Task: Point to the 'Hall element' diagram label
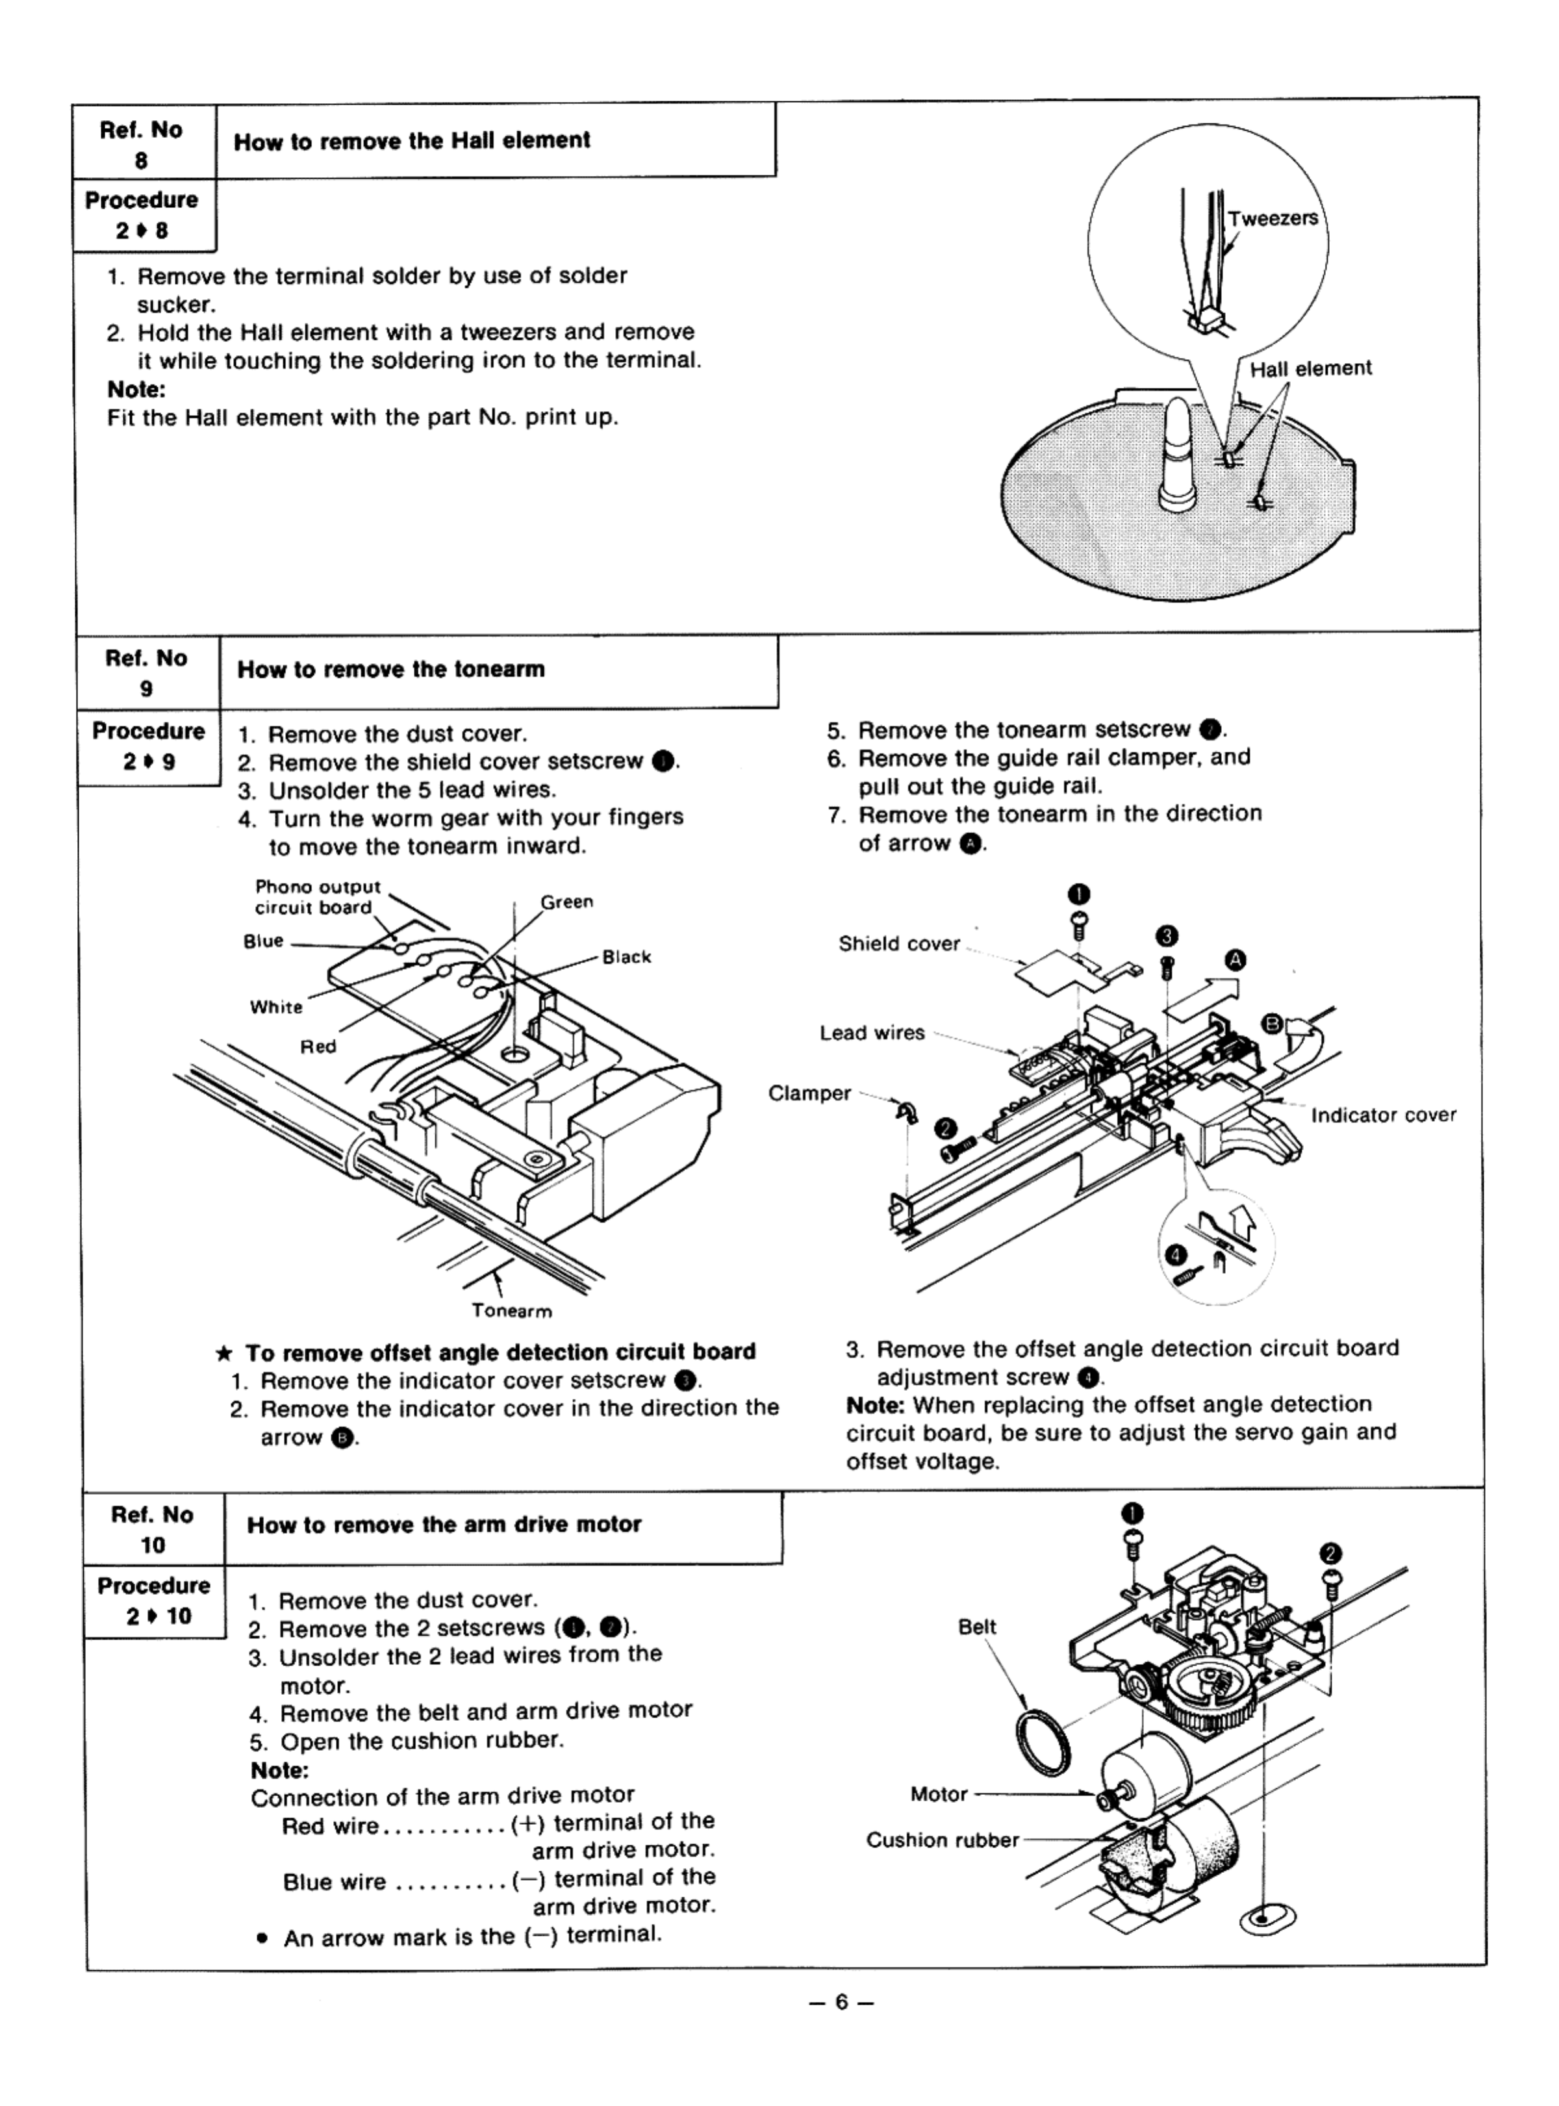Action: click(x=1310, y=369)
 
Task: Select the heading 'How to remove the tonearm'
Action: click(x=390, y=669)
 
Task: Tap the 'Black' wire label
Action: click(x=627, y=957)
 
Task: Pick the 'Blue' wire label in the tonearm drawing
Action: click(x=263, y=941)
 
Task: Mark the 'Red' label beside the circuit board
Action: click(x=318, y=1047)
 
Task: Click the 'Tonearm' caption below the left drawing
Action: click(x=511, y=1311)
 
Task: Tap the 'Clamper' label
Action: click(x=809, y=1093)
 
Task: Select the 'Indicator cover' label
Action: click(x=1382, y=1115)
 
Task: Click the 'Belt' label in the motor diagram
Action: click(x=977, y=1627)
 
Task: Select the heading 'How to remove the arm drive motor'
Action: click(x=444, y=1524)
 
